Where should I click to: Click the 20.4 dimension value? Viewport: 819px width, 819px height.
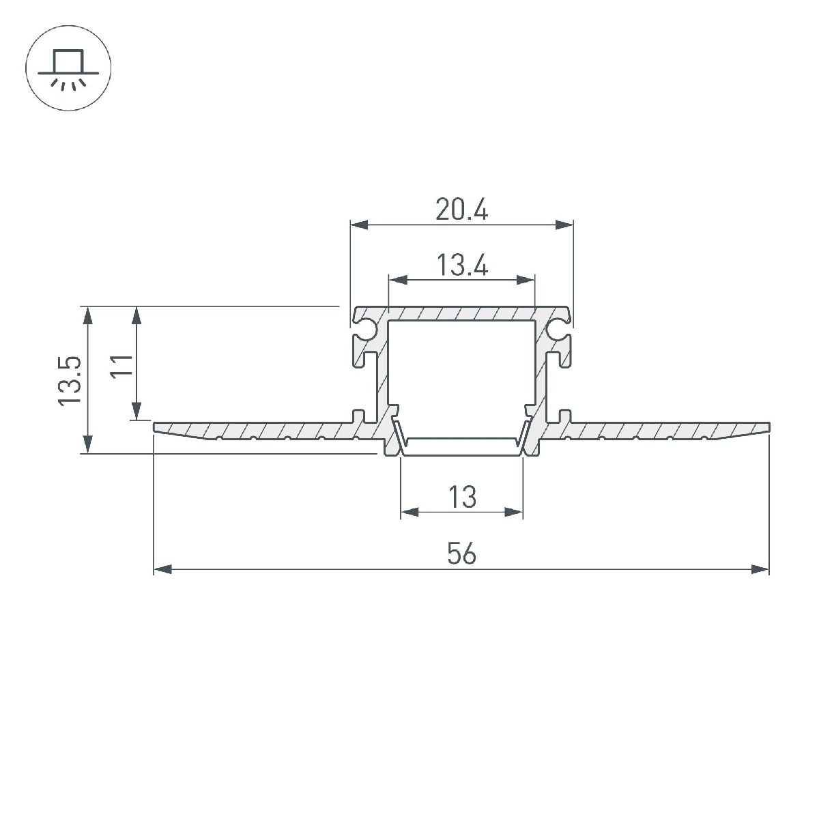(462, 210)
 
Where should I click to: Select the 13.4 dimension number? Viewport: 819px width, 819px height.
(462, 265)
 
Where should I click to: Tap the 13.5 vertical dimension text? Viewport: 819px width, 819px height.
(71, 380)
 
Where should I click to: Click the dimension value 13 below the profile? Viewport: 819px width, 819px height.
(462, 497)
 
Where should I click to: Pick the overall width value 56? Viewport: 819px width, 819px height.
(462, 554)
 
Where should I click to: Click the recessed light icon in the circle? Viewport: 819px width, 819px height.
(68, 69)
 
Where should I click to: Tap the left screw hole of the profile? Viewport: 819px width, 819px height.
(367, 330)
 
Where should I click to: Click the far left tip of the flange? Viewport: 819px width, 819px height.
(156, 428)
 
